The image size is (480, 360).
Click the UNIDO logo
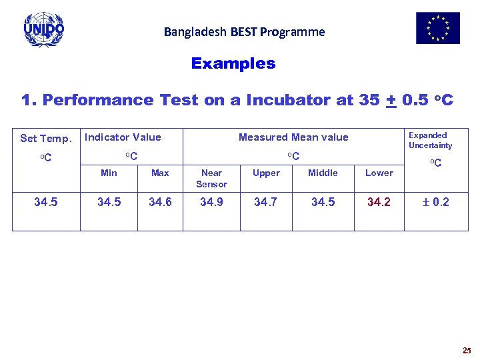[x=44, y=29]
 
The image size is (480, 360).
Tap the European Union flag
[x=438, y=28]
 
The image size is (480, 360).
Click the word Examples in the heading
[x=233, y=64]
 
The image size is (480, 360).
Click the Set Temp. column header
[x=45, y=139]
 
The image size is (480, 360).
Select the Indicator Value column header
[x=123, y=137]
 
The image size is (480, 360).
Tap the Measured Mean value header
[x=293, y=137]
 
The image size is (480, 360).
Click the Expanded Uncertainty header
[x=430, y=140]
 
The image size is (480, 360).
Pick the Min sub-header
[x=109, y=173]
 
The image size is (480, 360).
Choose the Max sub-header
[x=160, y=173]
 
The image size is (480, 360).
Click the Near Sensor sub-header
[x=211, y=178]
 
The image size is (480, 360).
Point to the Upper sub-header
[x=266, y=173]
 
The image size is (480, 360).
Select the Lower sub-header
[x=379, y=173]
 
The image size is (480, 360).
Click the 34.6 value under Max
[x=160, y=202]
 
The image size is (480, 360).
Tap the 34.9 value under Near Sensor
[x=211, y=202]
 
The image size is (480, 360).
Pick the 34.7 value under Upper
[x=266, y=202]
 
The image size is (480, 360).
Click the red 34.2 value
[x=379, y=202]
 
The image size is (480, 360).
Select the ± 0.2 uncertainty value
[x=436, y=202]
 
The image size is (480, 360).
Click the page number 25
[x=465, y=350]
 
